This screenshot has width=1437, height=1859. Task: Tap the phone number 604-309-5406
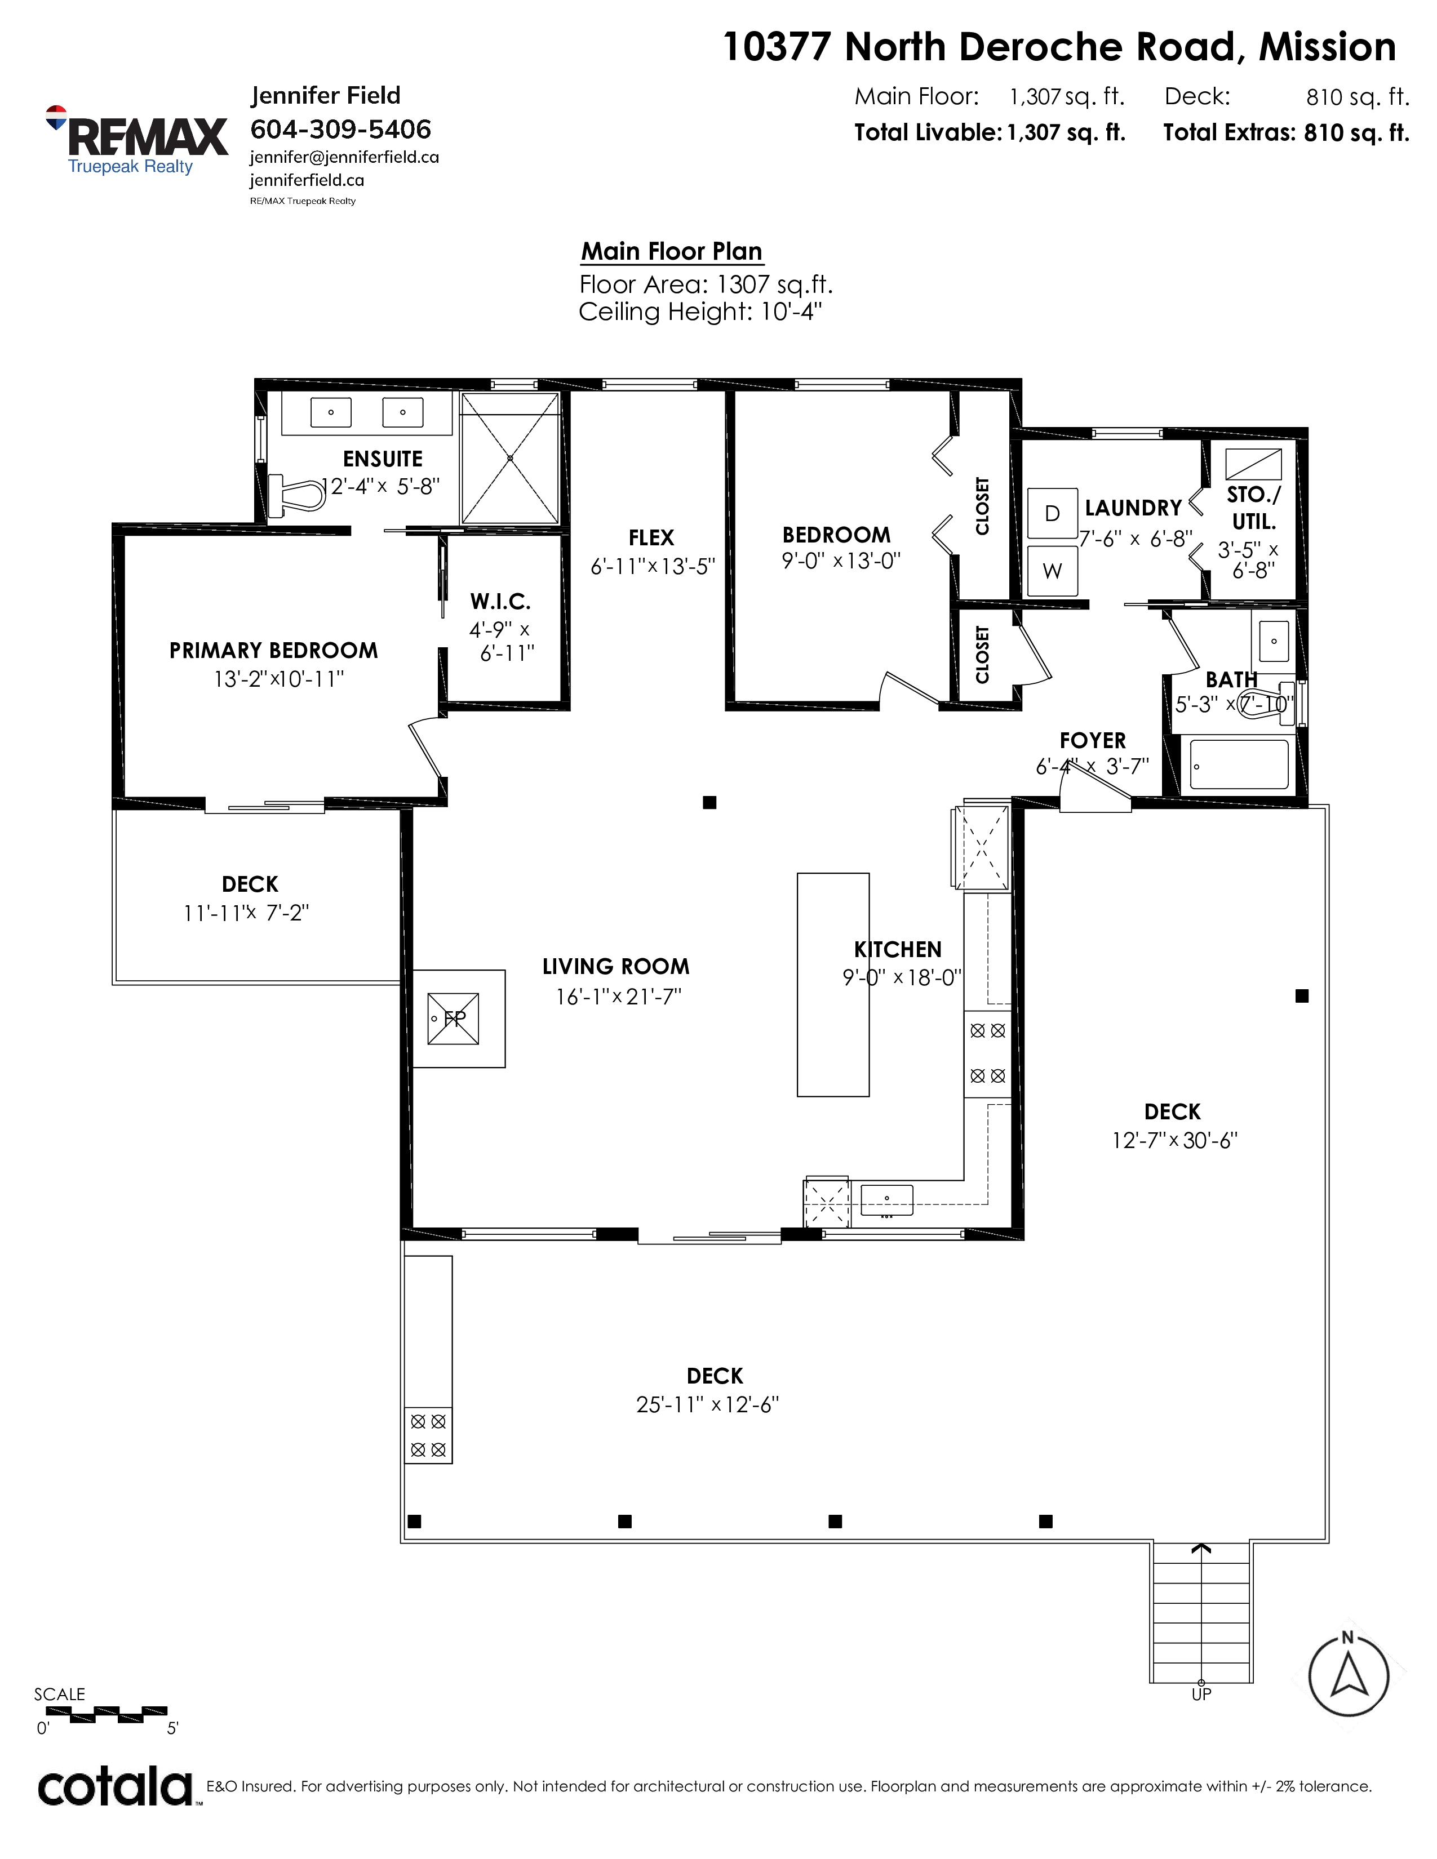click(340, 130)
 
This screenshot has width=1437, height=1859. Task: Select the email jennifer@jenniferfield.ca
click(344, 158)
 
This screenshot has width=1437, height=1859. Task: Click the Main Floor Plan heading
click(672, 251)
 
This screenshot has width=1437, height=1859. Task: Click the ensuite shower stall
click(510, 458)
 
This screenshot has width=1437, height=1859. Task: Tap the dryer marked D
click(1052, 513)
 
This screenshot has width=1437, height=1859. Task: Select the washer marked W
click(1052, 570)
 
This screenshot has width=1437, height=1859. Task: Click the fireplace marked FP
click(453, 1018)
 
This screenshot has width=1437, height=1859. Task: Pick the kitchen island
click(832, 985)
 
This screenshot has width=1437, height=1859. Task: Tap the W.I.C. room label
click(500, 602)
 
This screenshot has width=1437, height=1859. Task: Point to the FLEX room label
click(651, 538)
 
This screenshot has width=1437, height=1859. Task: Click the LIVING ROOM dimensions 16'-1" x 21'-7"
click(619, 996)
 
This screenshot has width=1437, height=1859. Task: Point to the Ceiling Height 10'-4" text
click(700, 312)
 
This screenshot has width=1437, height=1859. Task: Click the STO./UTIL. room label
click(1254, 508)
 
